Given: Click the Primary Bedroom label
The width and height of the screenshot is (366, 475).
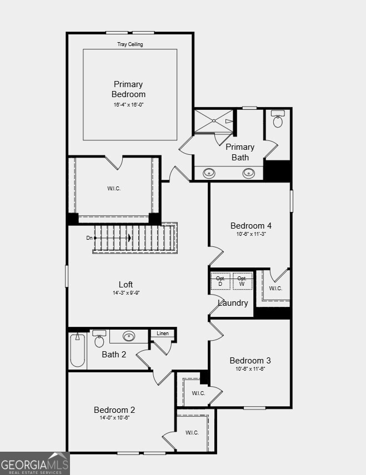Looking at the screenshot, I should coord(128,89).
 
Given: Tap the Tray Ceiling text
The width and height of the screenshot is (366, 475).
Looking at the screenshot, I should coord(130,44).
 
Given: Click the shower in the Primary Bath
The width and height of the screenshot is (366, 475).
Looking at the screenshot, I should coord(213,122).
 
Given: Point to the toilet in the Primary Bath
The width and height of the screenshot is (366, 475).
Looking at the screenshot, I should coord(278,119).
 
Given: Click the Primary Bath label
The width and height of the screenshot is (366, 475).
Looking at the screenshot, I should coord(240,152).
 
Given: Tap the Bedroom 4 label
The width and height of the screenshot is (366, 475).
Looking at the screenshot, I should coord(251,226).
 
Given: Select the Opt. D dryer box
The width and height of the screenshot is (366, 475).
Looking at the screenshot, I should coord(220,281).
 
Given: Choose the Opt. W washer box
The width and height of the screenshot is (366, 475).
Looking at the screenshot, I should coord(242,281).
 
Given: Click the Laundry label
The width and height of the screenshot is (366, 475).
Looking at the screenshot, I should coord(233,303).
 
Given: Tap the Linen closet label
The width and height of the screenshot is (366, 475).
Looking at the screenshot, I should coord(162,333).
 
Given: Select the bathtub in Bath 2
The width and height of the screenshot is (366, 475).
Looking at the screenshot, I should coord(77,351).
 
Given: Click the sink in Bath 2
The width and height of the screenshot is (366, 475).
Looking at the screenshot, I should coord(129,336).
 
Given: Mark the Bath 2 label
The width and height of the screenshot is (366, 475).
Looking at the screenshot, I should coord(114,354).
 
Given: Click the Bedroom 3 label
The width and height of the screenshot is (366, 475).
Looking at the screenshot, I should coord(250,361).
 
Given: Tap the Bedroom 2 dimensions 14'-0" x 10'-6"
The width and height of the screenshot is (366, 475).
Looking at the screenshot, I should coord(114,418).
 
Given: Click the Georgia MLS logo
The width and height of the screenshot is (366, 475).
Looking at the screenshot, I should coord(34,463).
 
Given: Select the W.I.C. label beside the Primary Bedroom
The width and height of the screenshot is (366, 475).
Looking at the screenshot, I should coord(114,189).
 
